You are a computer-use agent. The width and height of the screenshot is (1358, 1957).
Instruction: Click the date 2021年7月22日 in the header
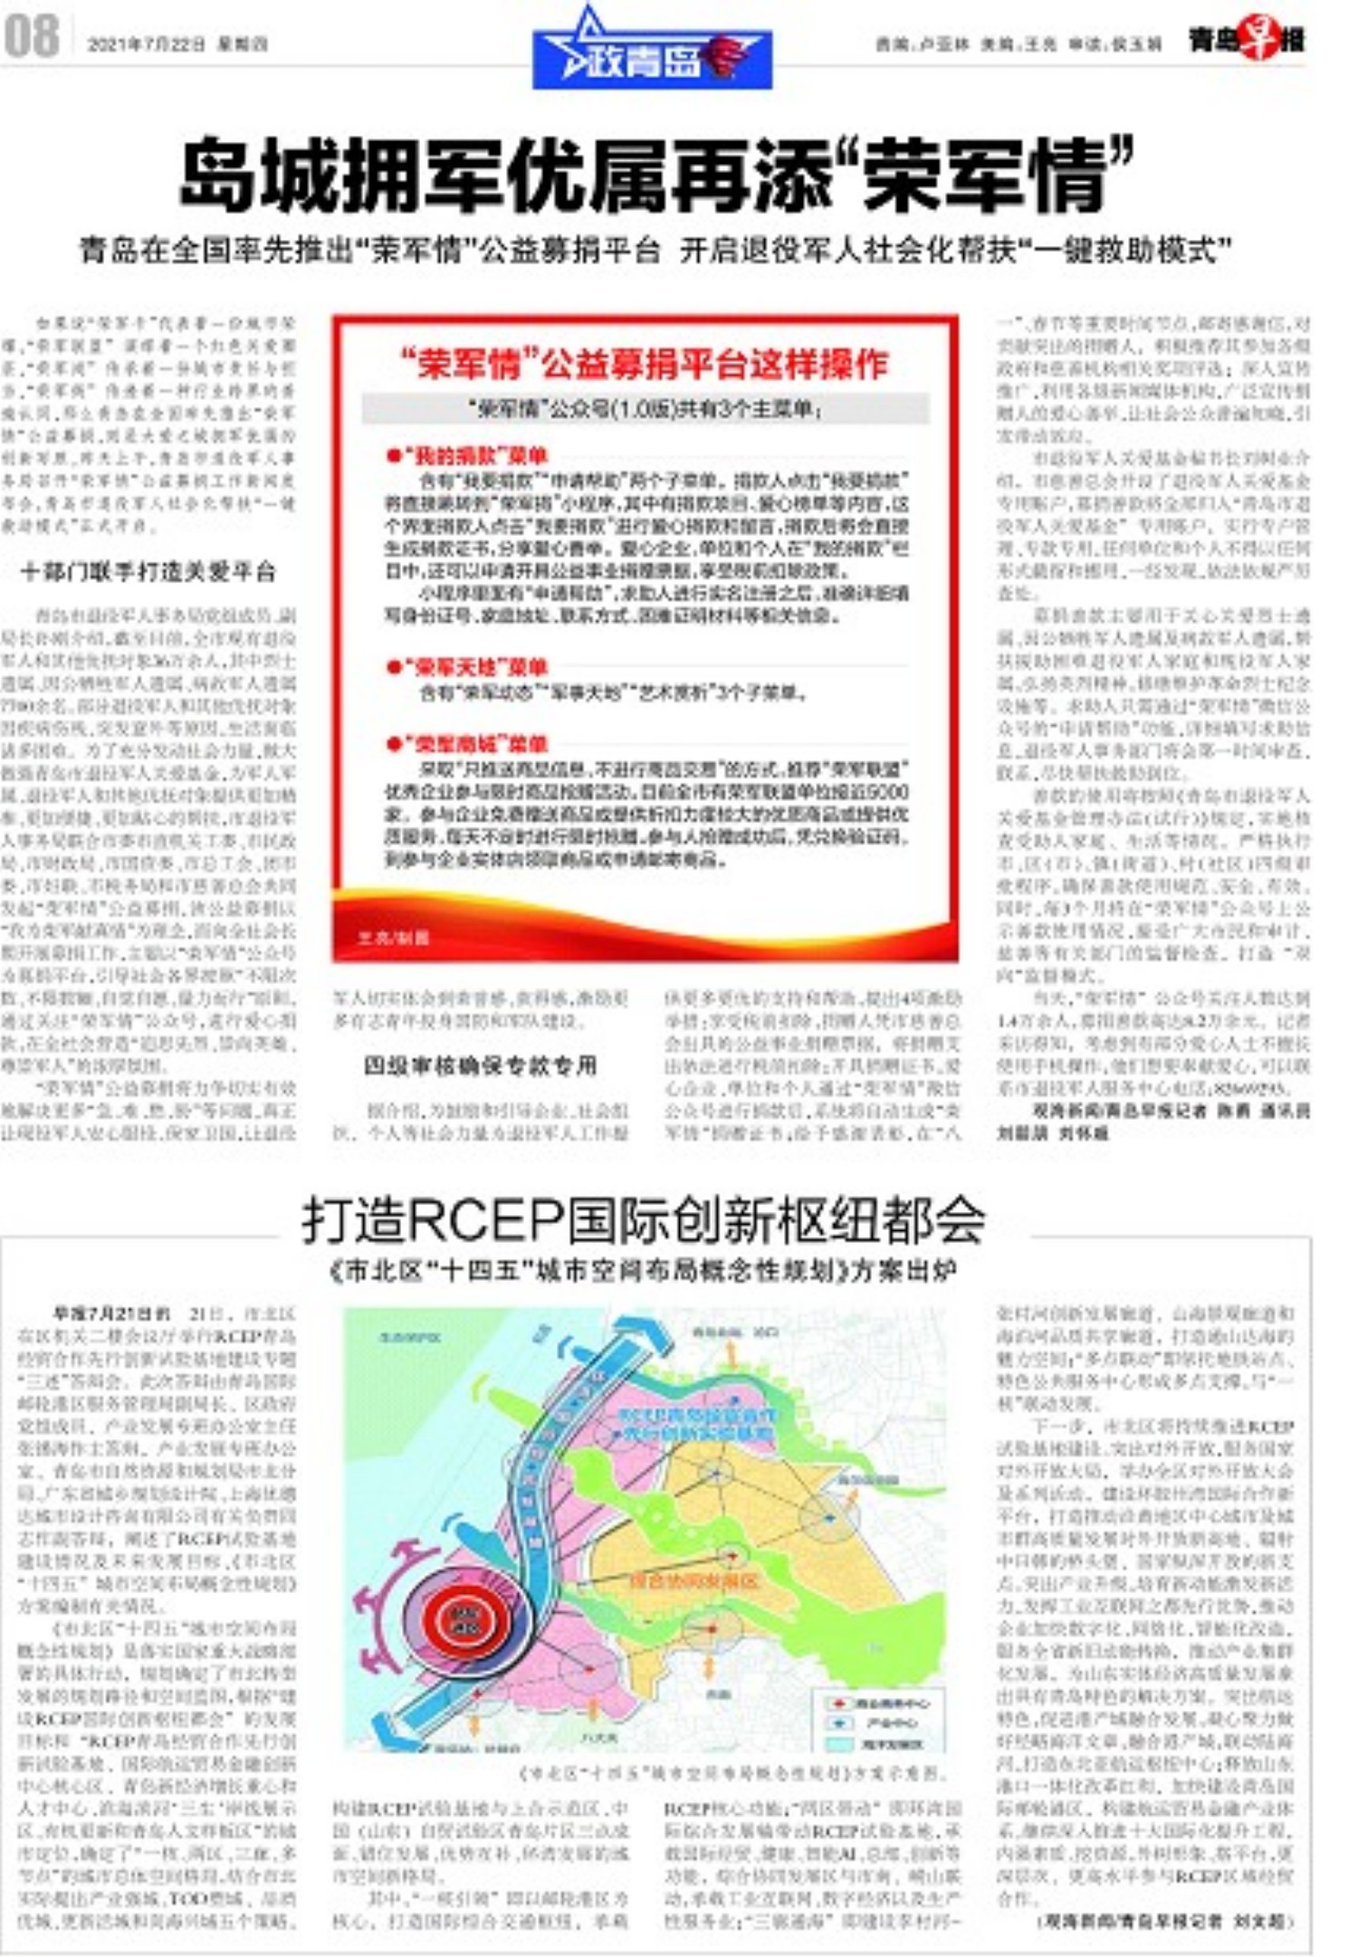(x=146, y=43)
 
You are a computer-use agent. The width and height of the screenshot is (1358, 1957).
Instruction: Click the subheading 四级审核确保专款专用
(x=480, y=1065)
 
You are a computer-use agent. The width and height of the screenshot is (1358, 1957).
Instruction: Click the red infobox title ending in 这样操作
(x=645, y=364)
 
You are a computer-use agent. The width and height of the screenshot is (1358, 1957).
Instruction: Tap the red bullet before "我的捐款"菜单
(x=393, y=455)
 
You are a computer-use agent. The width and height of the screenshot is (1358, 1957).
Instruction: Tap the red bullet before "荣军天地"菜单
(x=393, y=667)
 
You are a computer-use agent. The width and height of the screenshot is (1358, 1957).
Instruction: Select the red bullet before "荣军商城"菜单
(x=393, y=744)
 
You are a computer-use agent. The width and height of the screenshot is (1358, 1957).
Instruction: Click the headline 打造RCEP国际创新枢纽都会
(x=644, y=1220)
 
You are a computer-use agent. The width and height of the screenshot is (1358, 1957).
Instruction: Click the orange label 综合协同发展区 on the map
(x=693, y=1580)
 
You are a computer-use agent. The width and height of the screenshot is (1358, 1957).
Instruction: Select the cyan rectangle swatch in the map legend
(x=838, y=1742)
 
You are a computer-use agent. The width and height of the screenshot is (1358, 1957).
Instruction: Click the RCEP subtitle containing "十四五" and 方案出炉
(x=644, y=1272)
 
